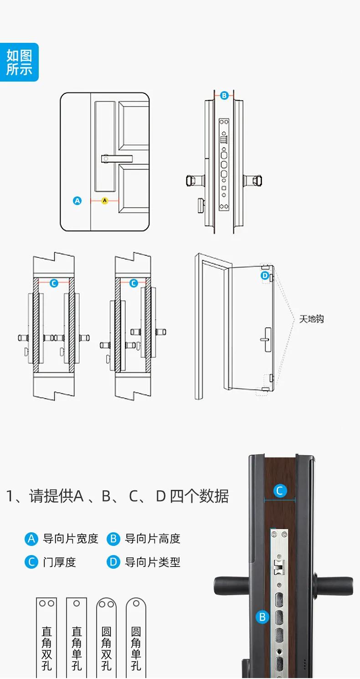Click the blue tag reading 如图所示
19,62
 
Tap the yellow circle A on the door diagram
105,201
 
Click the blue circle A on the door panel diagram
77,201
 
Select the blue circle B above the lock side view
224,96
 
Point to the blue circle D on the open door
265,276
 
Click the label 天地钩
311,319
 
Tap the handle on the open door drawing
265,339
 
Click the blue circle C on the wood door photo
280,491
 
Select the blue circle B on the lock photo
262,617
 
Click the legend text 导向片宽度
71,539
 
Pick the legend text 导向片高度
153,539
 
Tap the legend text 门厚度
59,562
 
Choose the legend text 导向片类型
153,562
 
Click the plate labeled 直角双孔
46,638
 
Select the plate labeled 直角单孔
77,638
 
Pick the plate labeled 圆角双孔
106,638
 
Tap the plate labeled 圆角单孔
136,638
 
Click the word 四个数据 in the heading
199,496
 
